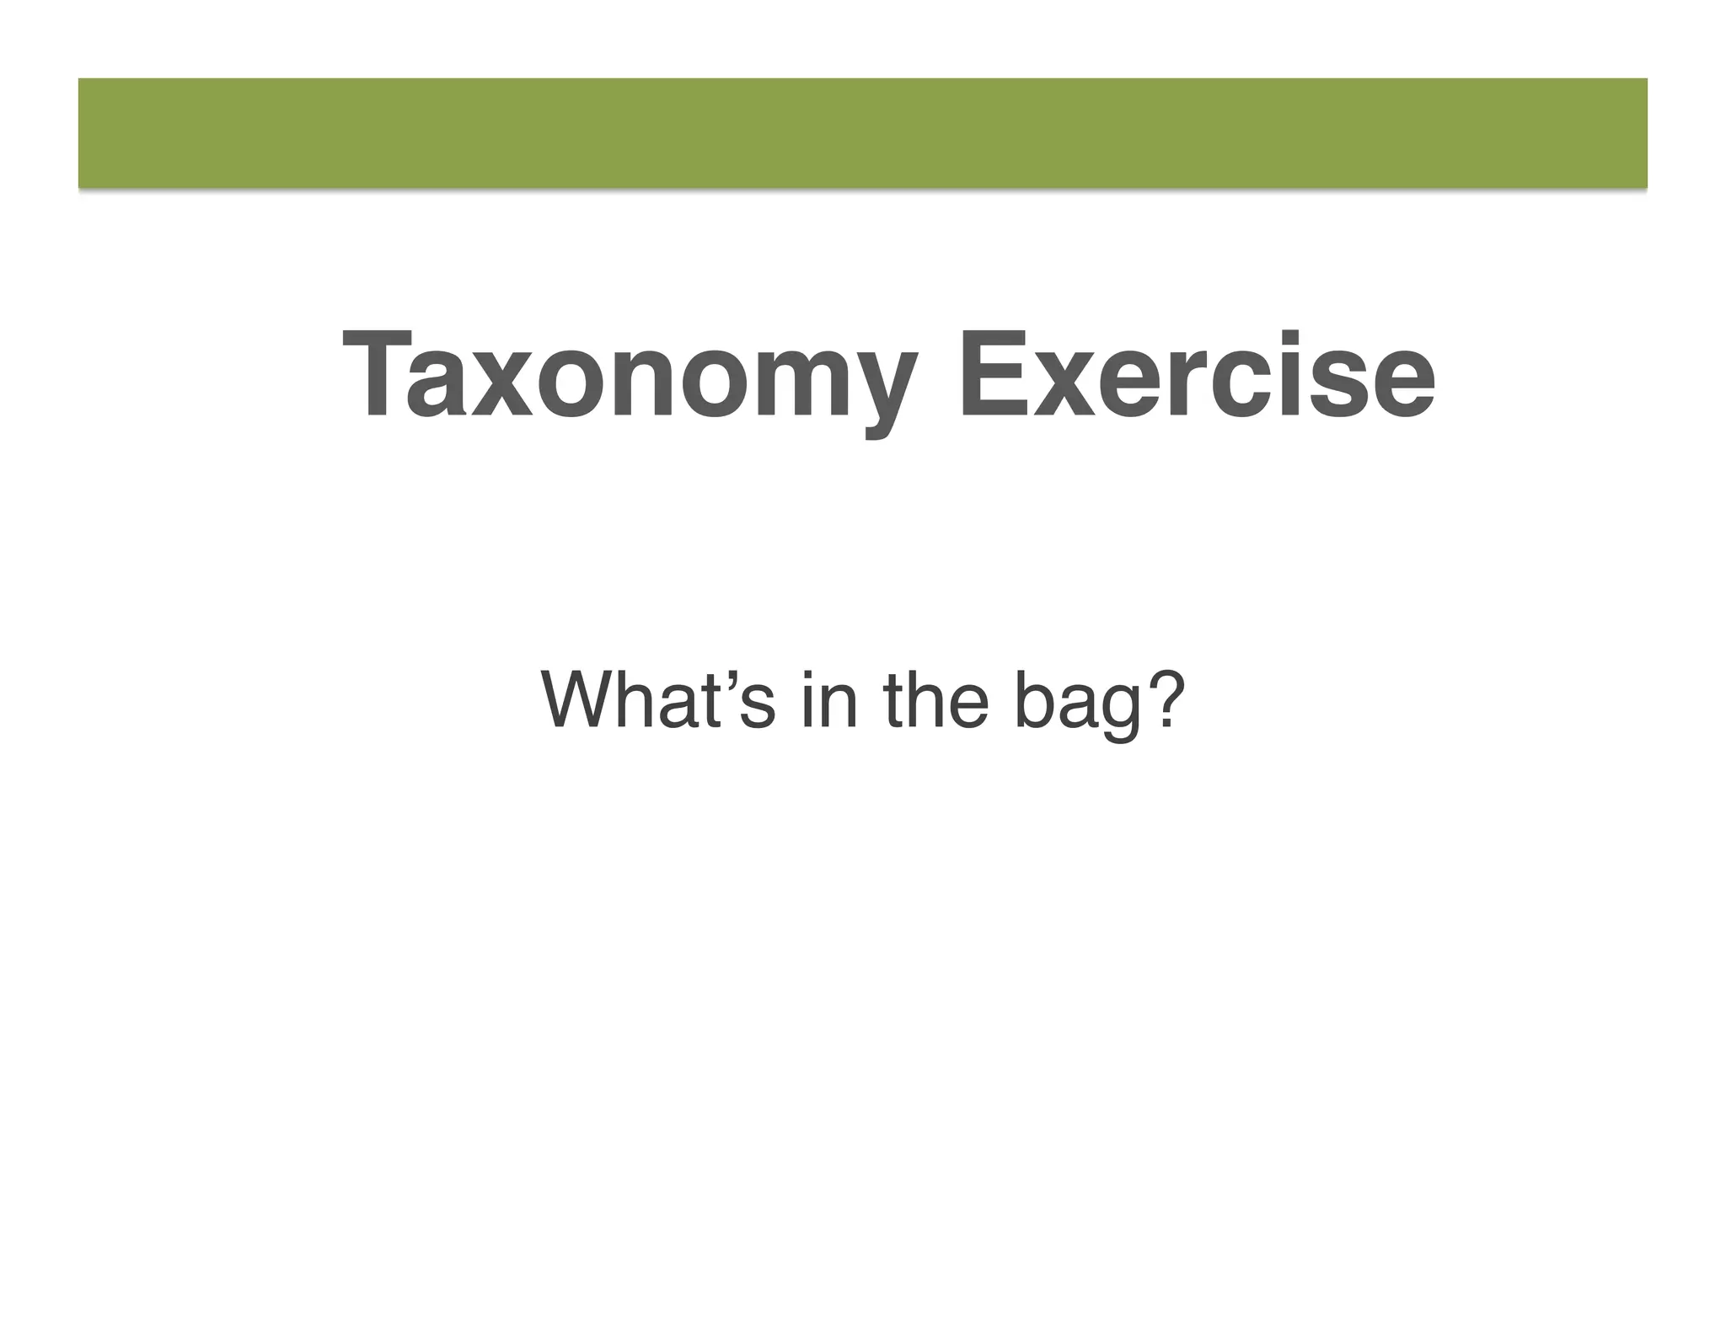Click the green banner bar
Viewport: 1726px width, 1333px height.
point(863,133)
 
